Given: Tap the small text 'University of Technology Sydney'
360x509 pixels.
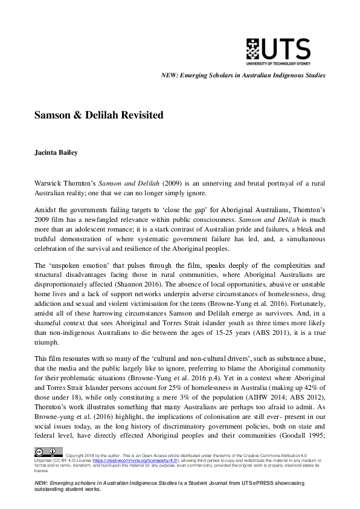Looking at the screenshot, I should click(x=278, y=63).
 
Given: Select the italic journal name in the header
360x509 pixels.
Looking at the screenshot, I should click(x=243, y=76).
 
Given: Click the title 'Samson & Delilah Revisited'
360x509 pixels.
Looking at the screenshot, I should click(x=98, y=115).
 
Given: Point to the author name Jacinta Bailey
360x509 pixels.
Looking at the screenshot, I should click(x=56, y=152).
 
